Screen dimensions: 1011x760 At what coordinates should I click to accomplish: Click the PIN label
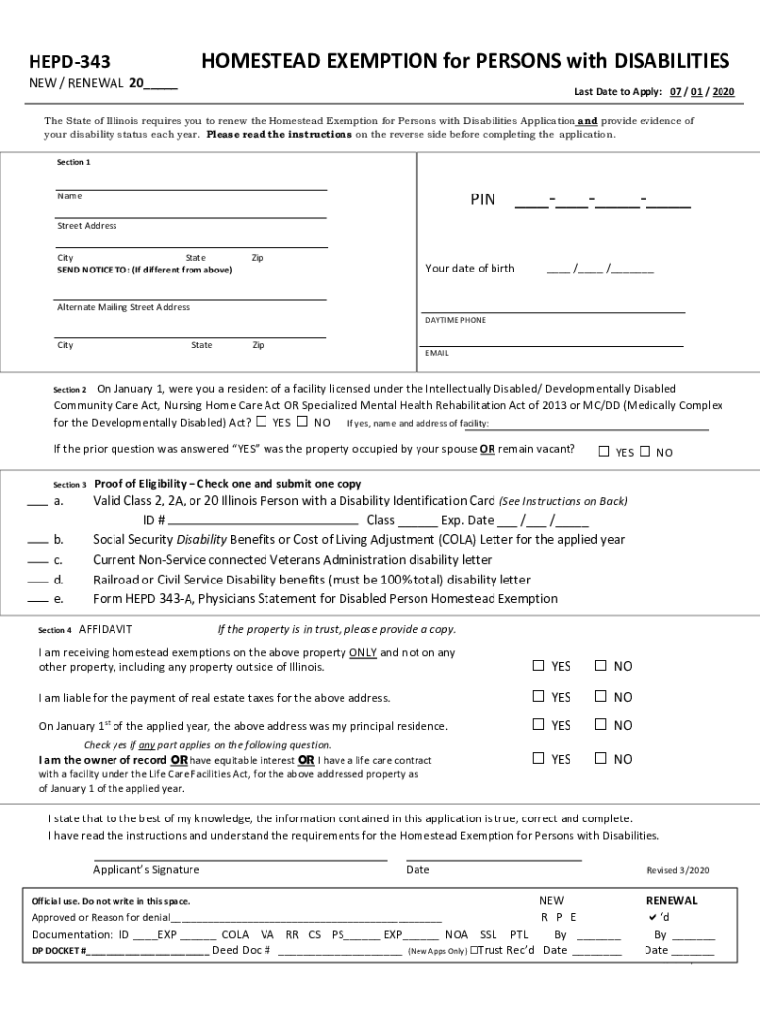(x=483, y=201)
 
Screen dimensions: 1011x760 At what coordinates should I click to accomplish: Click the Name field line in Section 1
(x=190, y=187)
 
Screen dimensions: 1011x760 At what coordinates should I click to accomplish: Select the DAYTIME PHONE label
(x=455, y=320)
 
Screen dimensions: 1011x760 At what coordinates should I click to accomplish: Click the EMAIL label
(x=437, y=353)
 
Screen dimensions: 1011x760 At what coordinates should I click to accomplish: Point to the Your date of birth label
(x=470, y=269)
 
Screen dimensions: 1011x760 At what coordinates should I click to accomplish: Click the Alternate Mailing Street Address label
(x=123, y=307)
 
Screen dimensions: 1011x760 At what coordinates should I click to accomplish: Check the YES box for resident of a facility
(x=262, y=423)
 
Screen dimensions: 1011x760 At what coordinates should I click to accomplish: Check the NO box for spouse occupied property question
(x=645, y=452)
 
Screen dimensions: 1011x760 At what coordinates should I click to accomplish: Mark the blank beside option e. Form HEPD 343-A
(x=37, y=600)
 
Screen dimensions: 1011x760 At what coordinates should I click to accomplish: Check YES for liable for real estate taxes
(x=538, y=696)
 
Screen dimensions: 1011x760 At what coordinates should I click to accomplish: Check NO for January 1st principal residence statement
(x=599, y=724)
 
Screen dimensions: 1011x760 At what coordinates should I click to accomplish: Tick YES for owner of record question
(x=538, y=758)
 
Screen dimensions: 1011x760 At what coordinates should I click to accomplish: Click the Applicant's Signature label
(x=146, y=870)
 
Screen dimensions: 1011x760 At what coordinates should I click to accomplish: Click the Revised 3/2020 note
(x=677, y=871)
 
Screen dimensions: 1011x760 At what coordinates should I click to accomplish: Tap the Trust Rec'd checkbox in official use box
(x=474, y=951)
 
